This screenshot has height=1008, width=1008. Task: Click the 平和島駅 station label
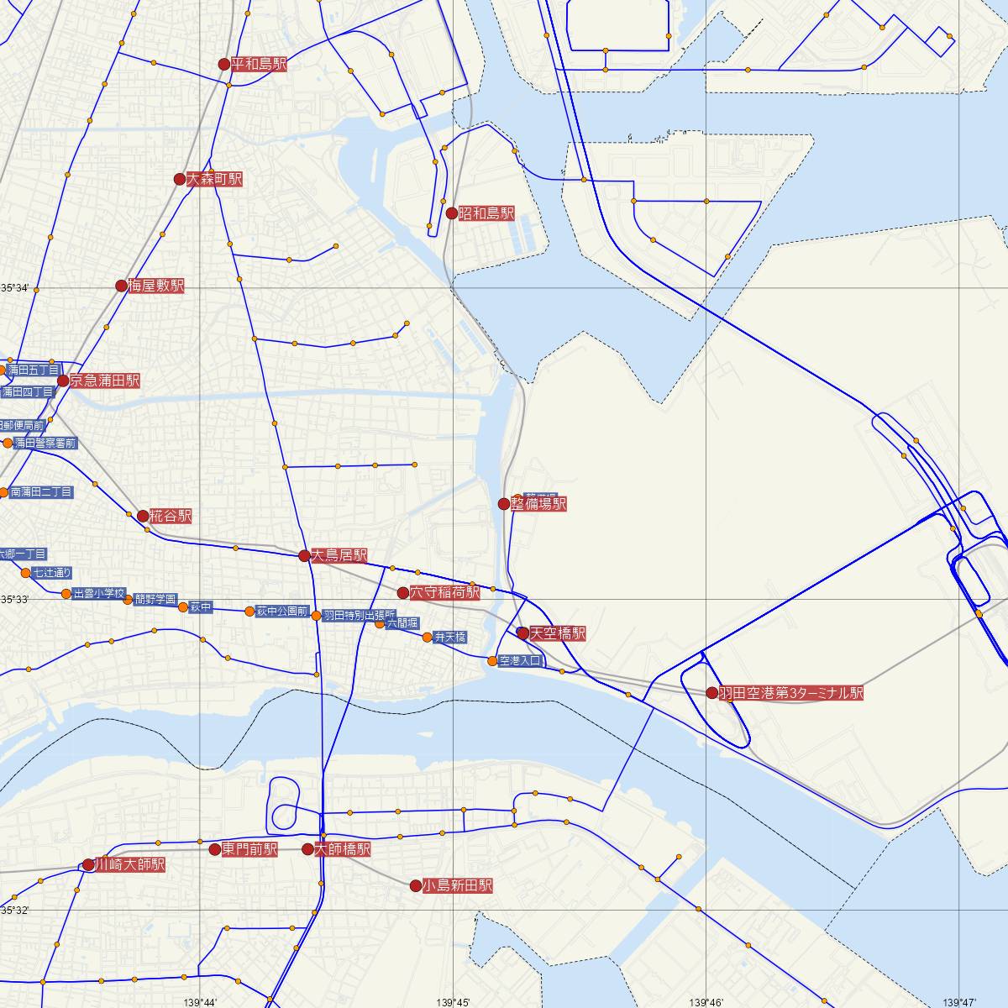click(x=259, y=64)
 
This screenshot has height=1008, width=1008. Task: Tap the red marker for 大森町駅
click(x=179, y=179)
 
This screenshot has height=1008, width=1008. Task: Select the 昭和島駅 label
click(x=486, y=213)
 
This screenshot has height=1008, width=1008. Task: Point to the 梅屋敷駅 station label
click(x=155, y=286)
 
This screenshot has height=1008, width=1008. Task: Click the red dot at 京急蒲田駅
click(x=63, y=381)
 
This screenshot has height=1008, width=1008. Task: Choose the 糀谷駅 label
click(x=171, y=516)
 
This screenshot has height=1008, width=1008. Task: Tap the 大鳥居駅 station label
click(x=339, y=555)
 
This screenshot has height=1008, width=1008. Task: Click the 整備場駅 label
click(x=538, y=504)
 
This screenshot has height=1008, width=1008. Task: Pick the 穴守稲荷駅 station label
click(x=444, y=593)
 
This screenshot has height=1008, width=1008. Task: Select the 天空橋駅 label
click(x=558, y=633)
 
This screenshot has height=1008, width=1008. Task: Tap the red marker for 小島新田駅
click(x=415, y=885)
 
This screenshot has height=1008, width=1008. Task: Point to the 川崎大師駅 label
click(x=129, y=864)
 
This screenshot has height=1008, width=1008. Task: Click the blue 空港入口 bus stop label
click(x=522, y=661)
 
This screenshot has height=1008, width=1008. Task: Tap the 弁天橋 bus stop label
click(x=450, y=638)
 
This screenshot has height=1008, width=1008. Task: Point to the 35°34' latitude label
click(x=14, y=288)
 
